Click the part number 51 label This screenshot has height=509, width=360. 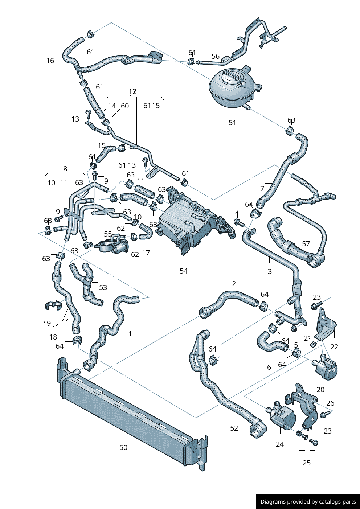(x=232, y=123)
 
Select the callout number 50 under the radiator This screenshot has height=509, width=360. (x=123, y=447)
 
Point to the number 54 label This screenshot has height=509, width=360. (x=184, y=271)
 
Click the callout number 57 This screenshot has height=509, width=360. (x=306, y=244)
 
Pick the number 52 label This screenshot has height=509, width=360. (x=234, y=428)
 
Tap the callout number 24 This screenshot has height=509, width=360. (x=280, y=444)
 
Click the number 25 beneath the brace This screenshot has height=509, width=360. (x=307, y=463)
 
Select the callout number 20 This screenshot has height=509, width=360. (x=320, y=390)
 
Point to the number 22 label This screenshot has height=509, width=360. (x=334, y=347)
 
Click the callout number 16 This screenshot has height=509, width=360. (x=50, y=61)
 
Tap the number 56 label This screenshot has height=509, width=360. (x=216, y=57)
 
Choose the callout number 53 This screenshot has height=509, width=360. (x=103, y=287)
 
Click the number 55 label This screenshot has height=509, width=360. (x=108, y=234)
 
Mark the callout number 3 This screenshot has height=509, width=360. (x=270, y=271)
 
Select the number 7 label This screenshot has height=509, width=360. (x=262, y=189)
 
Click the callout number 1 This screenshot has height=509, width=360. (x=130, y=334)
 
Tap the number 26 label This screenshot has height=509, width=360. (x=330, y=403)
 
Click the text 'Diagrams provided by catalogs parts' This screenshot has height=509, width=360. (x=308, y=502)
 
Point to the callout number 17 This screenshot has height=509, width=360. (x=146, y=253)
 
